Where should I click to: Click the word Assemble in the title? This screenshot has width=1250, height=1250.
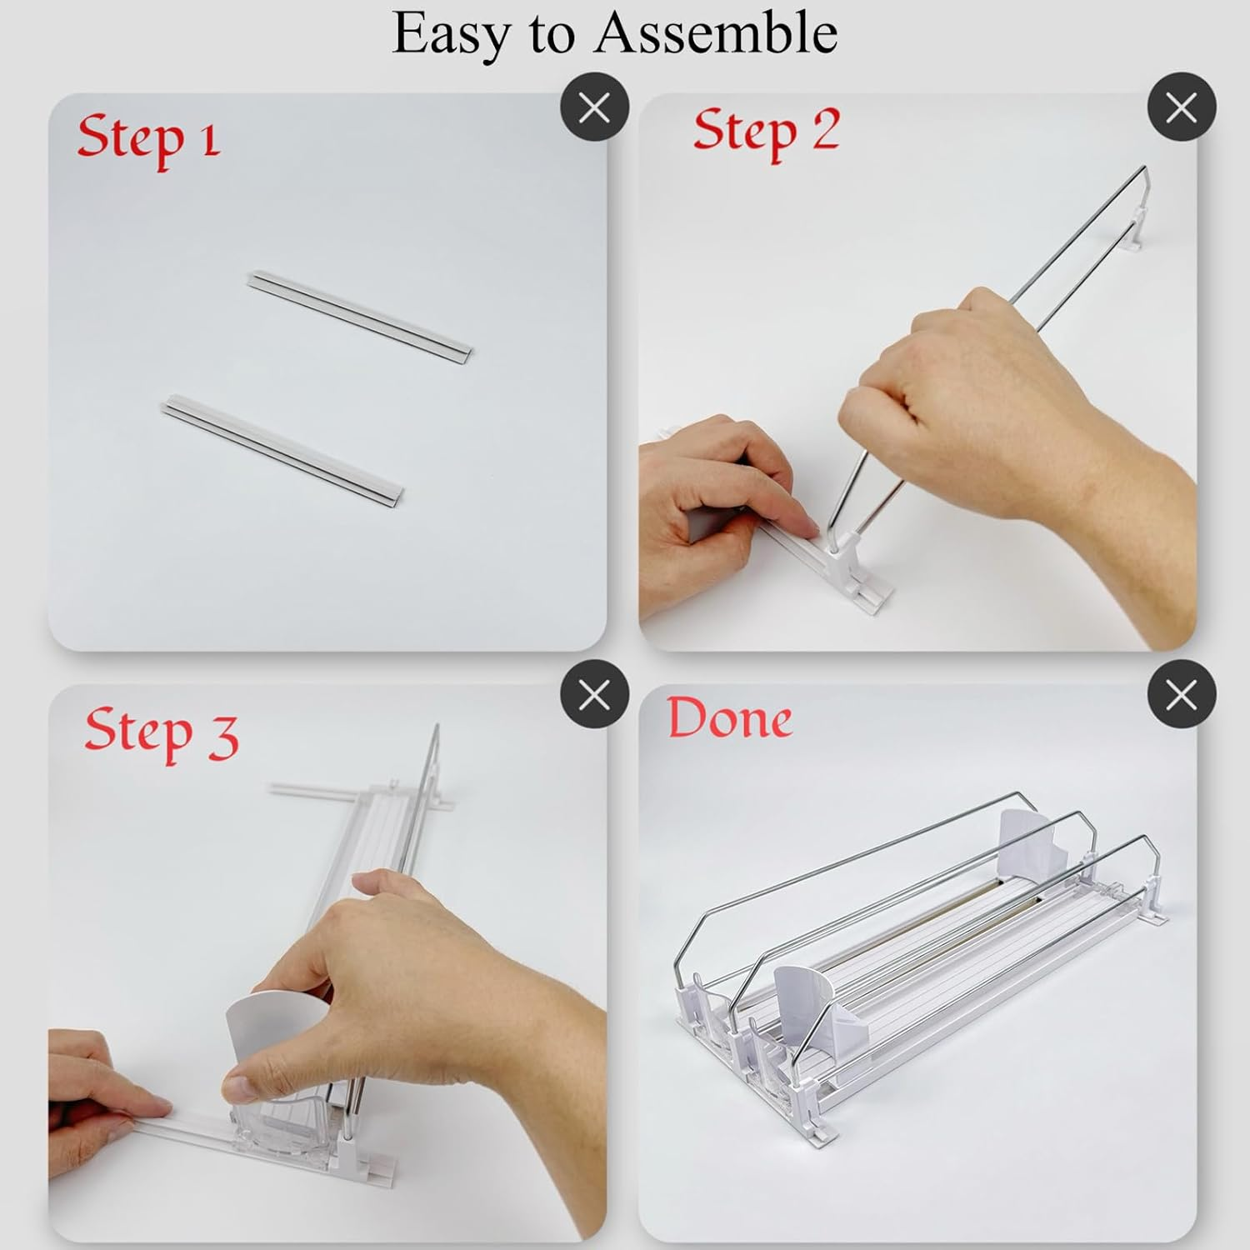(716, 32)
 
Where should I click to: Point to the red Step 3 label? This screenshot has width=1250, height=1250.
(161, 734)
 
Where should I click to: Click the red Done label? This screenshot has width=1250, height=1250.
(729, 719)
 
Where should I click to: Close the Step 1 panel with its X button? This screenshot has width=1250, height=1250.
(594, 107)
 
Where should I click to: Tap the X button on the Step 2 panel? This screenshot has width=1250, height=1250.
(1182, 107)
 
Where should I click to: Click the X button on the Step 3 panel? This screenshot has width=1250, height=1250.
(594, 693)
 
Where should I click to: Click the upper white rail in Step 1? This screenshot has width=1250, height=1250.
(360, 314)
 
